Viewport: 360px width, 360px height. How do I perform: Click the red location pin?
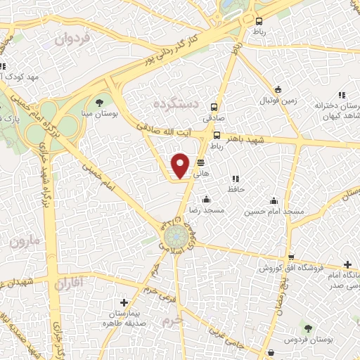181,165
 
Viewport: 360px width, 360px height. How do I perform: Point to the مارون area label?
26,242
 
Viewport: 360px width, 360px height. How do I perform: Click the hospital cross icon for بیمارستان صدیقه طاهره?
124,302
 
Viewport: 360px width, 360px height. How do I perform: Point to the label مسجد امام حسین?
275,211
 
